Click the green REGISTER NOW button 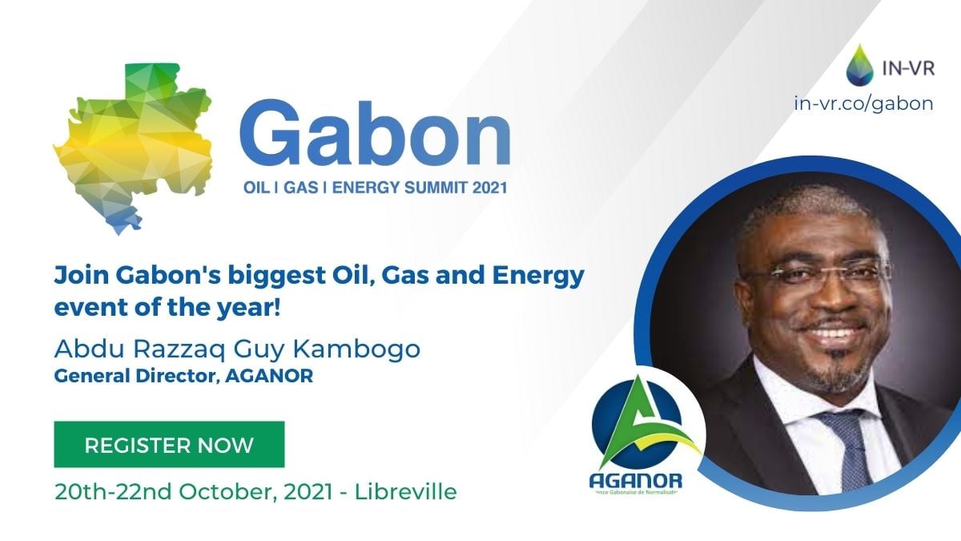pos(169,444)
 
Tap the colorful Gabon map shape pos(133,148)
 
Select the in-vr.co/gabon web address pos(863,104)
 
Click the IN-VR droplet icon pos(860,64)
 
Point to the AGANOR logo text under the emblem pos(636,481)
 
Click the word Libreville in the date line pos(406,491)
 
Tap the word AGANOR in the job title pos(269,376)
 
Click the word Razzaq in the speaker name pos(179,349)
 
